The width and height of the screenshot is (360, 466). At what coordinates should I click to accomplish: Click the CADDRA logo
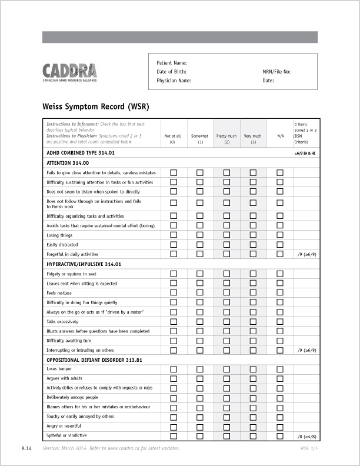(69, 73)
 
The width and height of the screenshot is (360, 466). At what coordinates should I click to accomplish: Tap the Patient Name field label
(172, 62)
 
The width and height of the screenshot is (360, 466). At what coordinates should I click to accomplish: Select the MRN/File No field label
(276, 72)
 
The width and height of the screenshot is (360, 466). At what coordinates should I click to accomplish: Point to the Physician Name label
(174, 81)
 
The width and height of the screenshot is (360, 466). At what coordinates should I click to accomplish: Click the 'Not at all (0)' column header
(173, 139)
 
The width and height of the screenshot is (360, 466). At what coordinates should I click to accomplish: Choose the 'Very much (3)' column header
(253, 139)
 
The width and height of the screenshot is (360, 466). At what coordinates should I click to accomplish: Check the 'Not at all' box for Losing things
(174, 235)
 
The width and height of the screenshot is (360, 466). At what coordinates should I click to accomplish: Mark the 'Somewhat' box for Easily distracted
(200, 245)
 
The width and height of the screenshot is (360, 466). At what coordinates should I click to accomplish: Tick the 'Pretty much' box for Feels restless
(226, 293)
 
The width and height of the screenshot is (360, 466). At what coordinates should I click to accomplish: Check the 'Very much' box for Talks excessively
(253, 322)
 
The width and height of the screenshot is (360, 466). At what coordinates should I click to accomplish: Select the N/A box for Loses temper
(280, 370)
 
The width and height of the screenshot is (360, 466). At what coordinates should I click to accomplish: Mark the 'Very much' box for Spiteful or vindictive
(253, 436)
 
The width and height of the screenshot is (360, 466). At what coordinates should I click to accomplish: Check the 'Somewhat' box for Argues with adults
(200, 379)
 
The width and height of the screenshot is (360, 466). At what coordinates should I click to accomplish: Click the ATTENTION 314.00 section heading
(68, 163)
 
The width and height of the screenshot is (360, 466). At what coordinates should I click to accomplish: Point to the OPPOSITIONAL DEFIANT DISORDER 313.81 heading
(94, 360)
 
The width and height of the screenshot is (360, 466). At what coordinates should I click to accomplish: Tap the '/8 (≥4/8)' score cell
(307, 437)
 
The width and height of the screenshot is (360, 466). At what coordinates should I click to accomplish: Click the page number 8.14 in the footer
(26, 449)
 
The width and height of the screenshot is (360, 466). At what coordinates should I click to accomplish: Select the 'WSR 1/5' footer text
(308, 449)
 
